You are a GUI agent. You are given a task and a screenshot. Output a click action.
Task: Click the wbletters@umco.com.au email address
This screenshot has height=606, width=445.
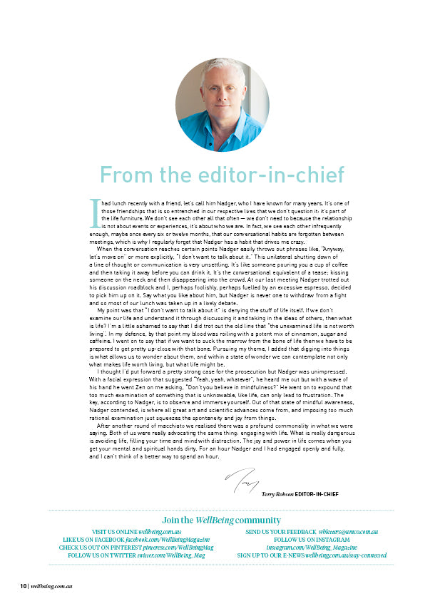[348, 532]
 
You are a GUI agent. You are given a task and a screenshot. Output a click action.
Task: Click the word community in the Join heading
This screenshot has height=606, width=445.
[259, 520]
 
